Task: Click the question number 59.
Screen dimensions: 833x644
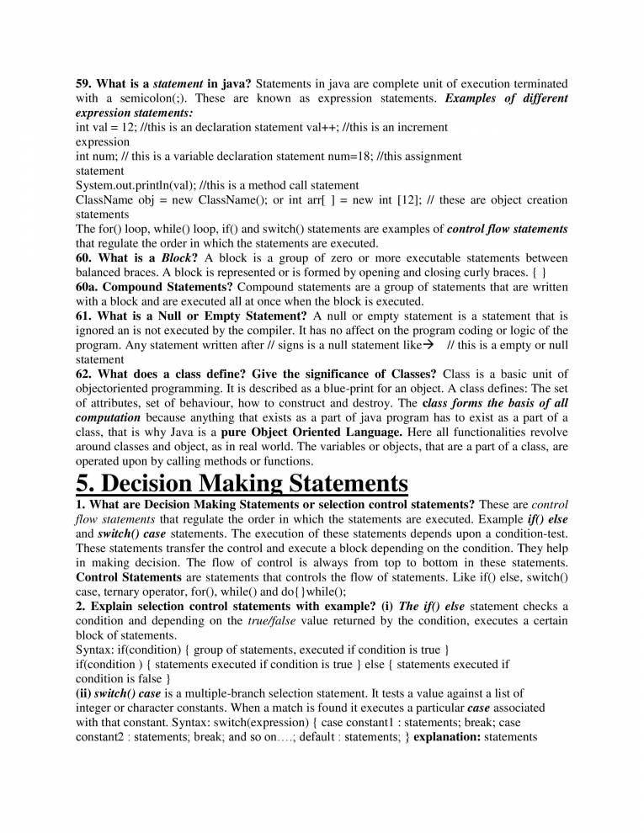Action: [83, 84]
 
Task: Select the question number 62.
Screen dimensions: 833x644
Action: [84, 374]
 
